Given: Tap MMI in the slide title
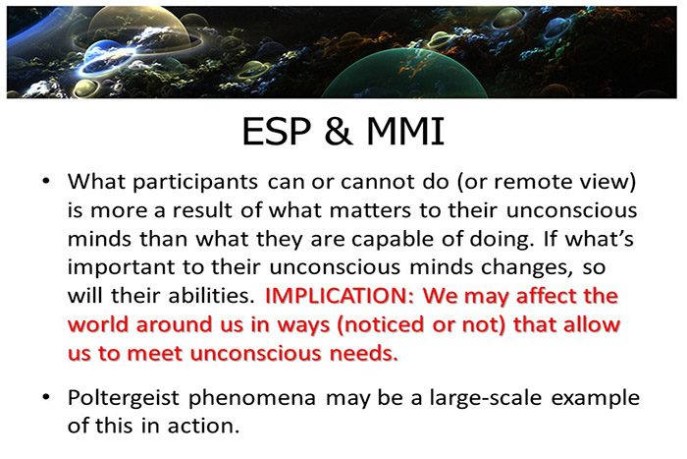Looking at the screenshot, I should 399,132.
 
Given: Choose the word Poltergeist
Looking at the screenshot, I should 118,399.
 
